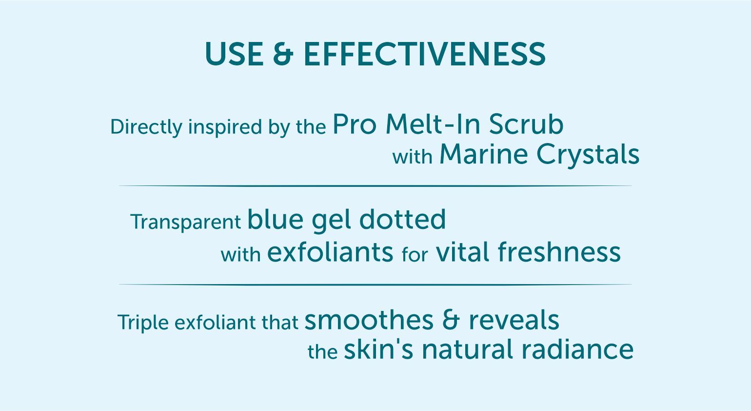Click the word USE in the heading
234,54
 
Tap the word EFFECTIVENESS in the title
425,54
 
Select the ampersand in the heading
283,54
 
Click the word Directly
146,127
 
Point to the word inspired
225,127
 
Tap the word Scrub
526,124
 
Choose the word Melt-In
433,124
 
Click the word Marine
484,154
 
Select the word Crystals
588,155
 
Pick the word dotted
402,219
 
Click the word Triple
143,323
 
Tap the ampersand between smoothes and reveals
451,320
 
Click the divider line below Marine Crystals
375,185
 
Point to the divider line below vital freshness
375,285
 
